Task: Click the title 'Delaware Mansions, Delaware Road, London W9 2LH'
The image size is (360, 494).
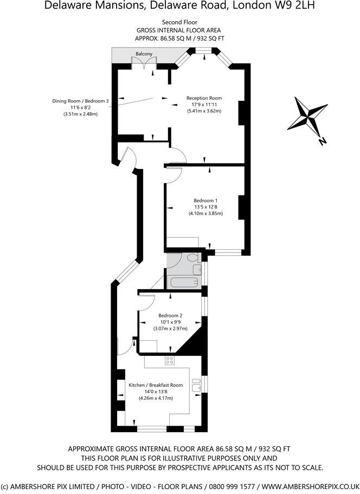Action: [179, 6]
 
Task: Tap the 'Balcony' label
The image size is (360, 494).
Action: [144, 53]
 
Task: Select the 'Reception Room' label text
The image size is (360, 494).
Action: [204, 98]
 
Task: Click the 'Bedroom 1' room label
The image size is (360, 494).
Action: [205, 200]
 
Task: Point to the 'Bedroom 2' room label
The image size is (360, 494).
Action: [170, 316]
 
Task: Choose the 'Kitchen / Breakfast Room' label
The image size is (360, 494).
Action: [156, 385]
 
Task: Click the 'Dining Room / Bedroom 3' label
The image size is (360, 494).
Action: [80, 101]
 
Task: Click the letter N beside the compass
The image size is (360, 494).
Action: [323, 142]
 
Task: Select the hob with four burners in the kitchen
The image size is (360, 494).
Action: [170, 360]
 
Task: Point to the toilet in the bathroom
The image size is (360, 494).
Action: [195, 263]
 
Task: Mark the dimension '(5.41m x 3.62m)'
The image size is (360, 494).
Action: [204, 111]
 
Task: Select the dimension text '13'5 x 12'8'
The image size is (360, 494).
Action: [205, 207]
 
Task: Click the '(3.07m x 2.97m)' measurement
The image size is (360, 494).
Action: [170, 329]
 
